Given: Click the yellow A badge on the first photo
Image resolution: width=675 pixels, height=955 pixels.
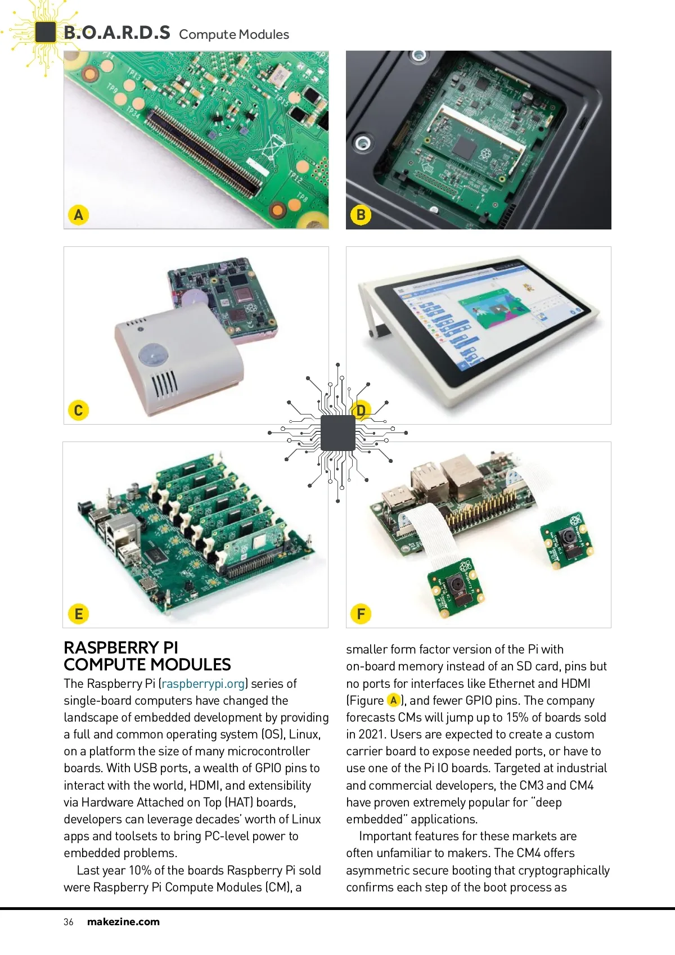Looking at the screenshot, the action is pyautogui.click(x=78, y=214).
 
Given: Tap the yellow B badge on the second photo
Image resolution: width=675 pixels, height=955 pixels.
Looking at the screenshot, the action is pyautogui.click(x=361, y=214).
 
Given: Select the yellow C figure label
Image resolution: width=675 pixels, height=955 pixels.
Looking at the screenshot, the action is pyautogui.click(x=78, y=410).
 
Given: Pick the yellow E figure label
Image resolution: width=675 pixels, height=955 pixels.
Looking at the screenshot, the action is pyautogui.click(x=78, y=614).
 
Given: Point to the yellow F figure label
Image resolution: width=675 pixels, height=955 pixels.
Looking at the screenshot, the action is pyautogui.click(x=361, y=614).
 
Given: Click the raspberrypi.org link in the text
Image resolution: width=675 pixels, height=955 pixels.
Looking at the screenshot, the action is pyautogui.click(x=203, y=683).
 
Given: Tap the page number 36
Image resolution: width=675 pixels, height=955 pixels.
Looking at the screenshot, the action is pyautogui.click(x=68, y=922).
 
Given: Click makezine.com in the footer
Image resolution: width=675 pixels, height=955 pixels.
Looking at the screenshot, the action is pyautogui.click(x=123, y=922).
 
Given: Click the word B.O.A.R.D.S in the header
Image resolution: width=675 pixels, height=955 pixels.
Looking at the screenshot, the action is pyautogui.click(x=117, y=33).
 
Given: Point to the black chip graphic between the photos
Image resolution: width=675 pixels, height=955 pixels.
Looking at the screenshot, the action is pyautogui.click(x=337, y=433).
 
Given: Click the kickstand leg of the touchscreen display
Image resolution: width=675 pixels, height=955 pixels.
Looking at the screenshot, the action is pyautogui.click(x=369, y=310).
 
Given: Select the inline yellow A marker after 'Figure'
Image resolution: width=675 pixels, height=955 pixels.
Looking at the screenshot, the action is pyautogui.click(x=394, y=700).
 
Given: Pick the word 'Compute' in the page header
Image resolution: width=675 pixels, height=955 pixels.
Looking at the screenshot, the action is pyautogui.click(x=207, y=34).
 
